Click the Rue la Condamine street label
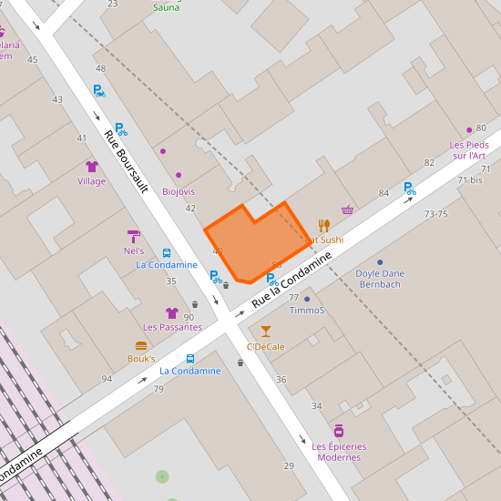point(291,281)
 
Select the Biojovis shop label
point(179,191)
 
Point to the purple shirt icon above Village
point(91,167)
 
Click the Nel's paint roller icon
point(134,236)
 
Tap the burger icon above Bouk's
point(141,345)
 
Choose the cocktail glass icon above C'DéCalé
point(266,332)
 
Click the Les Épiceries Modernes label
point(339,452)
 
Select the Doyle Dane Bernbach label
point(380,279)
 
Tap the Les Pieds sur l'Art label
point(469,150)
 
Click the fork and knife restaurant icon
point(323,225)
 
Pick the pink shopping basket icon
point(347,210)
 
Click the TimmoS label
point(307,311)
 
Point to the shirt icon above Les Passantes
point(171,312)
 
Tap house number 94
point(107,379)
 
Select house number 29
point(289,466)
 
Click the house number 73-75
point(436,214)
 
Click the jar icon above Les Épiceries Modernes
point(339,431)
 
